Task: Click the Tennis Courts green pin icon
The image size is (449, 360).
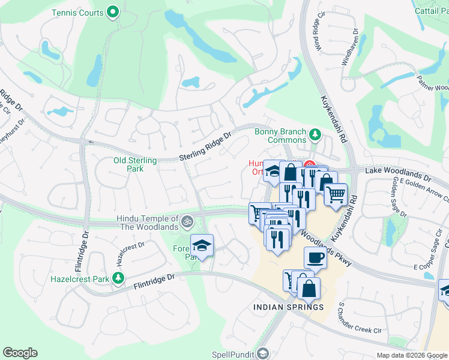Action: tap(112, 12)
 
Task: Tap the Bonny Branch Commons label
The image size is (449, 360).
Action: tap(281, 136)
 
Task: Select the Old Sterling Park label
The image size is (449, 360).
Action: tap(135, 164)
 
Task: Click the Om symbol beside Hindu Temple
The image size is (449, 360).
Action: tap(187, 221)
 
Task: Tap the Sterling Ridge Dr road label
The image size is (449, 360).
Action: tap(205, 148)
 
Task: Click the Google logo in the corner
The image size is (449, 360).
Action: tap(20, 353)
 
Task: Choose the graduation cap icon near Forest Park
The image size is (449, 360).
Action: tap(202, 245)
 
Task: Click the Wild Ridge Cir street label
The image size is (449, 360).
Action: tap(316, 32)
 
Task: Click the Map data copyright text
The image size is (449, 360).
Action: tap(411, 355)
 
